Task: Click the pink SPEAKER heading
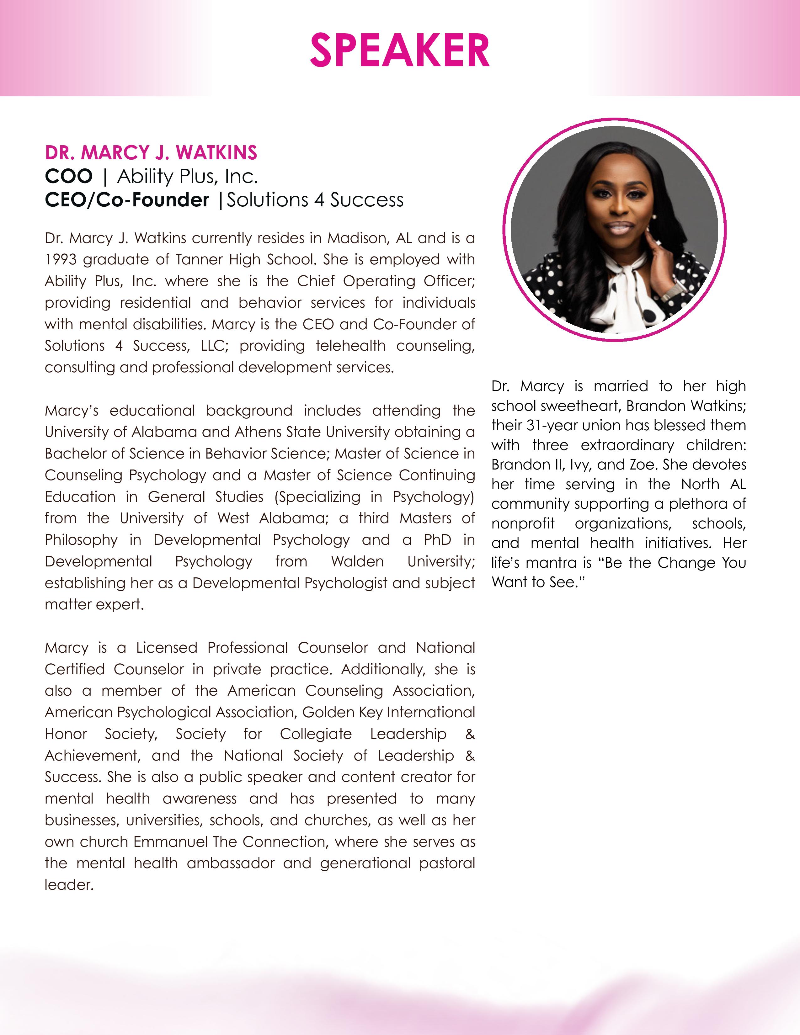[399, 51]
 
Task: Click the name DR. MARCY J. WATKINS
[151, 153]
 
